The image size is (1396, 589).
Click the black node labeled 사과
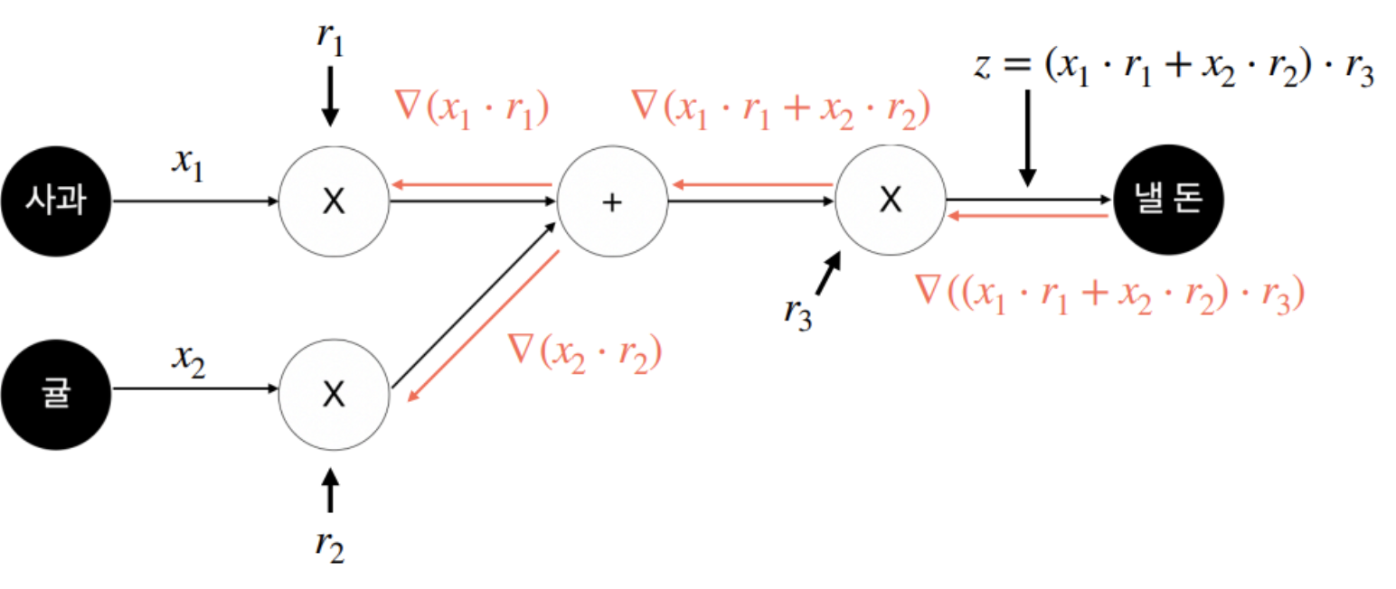click(x=55, y=202)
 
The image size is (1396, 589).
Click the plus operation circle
click(x=612, y=202)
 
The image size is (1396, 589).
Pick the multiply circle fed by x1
click(x=334, y=202)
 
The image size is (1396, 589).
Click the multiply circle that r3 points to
click(x=891, y=201)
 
